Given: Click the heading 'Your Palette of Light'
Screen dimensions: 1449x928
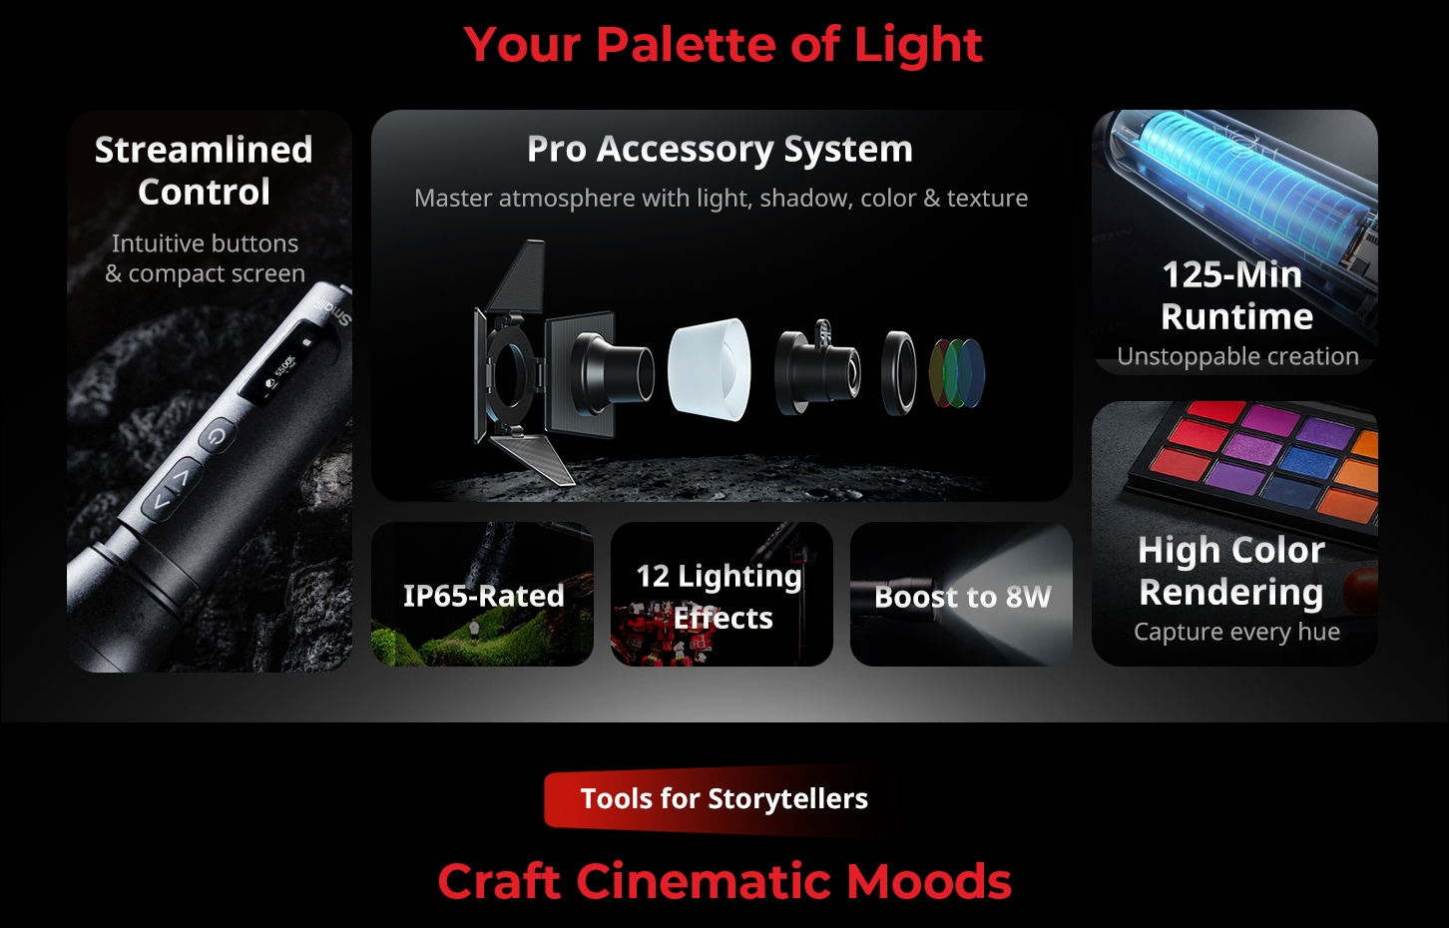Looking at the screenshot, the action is [x=724, y=44].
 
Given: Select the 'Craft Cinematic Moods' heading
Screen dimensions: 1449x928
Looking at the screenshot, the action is [x=724, y=881].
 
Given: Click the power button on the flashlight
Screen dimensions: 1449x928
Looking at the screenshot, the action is [x=217, y=436].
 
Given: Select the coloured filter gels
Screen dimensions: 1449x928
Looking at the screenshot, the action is [x=957, y=374].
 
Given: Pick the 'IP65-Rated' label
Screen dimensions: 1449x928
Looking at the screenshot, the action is [x=483, y=596].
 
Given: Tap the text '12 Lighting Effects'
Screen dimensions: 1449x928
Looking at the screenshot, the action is [x=720, y=597].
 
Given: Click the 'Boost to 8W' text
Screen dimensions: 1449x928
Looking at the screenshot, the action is [x=963, y=597].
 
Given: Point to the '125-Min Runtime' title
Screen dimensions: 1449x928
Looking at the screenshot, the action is [x=1236, y=295].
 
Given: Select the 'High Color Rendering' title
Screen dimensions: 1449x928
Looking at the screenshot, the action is [x=1231, y=571].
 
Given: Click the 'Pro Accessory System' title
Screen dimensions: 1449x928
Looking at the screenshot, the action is [x=720, y=150].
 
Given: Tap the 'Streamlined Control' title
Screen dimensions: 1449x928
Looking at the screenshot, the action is [x=204, y=171].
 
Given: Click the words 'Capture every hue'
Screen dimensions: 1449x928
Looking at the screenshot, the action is [x=1236, y=632].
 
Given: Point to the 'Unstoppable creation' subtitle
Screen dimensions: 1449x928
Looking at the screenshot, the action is [x=1237, y=356].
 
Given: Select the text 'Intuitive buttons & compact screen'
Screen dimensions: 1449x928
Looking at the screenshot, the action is [x=205, y=258].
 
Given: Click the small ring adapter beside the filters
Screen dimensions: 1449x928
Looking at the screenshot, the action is [x=898, y=373].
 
